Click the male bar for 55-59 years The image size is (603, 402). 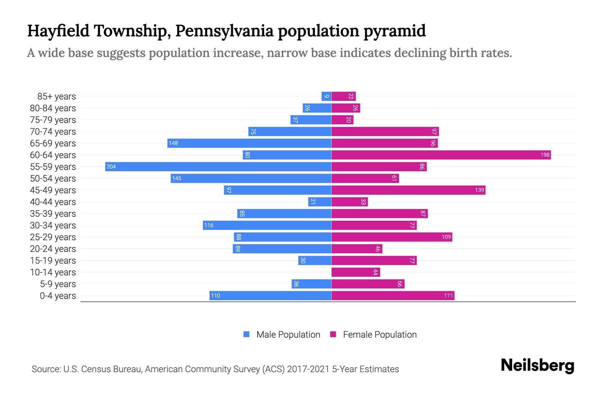coord(218,166)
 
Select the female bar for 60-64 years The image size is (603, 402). coord(441,155)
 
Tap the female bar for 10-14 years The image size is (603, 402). coord(356,272)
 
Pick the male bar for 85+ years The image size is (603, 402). coord(326,96)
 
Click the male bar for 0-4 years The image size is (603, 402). coord(270,295)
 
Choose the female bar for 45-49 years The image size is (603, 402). coord(408,190)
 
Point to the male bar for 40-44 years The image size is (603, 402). coord(320,202)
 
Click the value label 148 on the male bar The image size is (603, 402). coord(173,143)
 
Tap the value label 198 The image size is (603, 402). coord(545,155)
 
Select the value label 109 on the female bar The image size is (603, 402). coord(446,237)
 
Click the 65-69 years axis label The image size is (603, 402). coord(53,143)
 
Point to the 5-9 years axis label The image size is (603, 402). coord(58,284)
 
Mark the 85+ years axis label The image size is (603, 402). coord(57,96)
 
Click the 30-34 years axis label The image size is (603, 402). coord(53,225)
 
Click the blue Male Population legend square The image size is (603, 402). coord(247,334)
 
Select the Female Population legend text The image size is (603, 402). coord(380,335)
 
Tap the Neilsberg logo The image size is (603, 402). coord(537,365)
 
